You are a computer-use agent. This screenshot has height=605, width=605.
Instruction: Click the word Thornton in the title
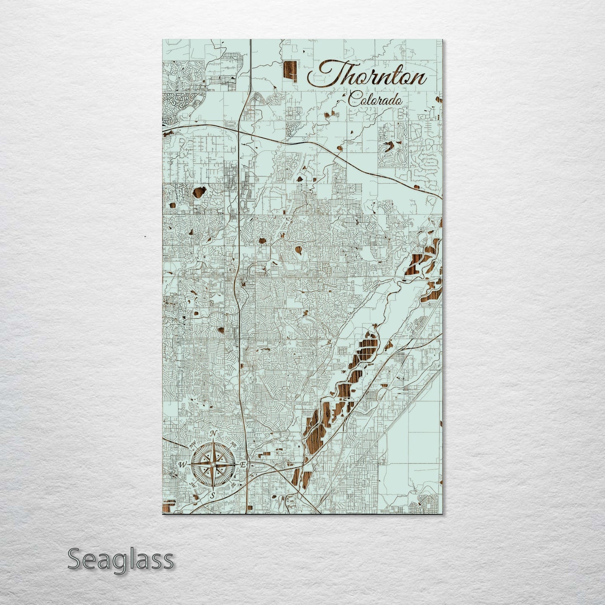tap(368, 76)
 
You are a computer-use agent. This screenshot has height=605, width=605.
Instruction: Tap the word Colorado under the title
tap(375, 99)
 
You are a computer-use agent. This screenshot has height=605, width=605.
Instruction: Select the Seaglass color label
tap(121, 559)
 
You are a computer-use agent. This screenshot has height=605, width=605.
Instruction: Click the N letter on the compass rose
tap(213, 433)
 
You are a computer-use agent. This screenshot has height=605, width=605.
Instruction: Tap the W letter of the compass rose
tap(183, 465)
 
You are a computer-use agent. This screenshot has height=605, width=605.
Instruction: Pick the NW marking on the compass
tap(193, 446)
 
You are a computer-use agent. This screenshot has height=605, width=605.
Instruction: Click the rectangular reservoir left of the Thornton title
tap(290, 72)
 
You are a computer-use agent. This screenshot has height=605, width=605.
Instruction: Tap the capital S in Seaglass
tap(75, 559)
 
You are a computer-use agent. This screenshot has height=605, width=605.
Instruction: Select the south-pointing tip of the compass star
tap(213, 489)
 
